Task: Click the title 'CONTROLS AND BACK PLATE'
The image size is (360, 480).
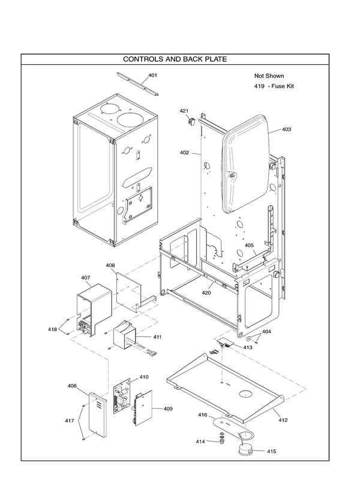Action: pyautogui.click(x=175, y=59)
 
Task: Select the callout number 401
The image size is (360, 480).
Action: pyautogui.click(x=152, y=75)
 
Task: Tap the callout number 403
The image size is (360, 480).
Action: pyautogui.click(x=286, y=129)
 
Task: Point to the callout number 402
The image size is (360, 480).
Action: pyautogui.click(x=184, y=153)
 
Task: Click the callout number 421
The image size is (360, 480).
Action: pyautogui.click(x=184, y=111)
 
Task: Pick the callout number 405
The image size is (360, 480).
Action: pyautogui.click(x=249, y=245)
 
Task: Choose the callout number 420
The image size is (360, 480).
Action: pyautogui.click(x=206, y=293)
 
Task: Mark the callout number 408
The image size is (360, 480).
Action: pyautogui.click(x=110, y=265)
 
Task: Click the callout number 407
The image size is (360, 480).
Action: pyautogui.click(x=86, y=278)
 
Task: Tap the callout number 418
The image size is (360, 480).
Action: pyautogui.click(x=52, y=329)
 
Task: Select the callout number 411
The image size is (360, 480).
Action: pyautogui.click(x=157, y=337)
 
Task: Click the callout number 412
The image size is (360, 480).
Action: pyautogui.click(x=283, y=420)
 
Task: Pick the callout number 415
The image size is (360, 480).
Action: pyautogui.click(x=271, y=451)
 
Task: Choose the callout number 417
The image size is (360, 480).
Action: pyautogui.click(x=70, y=421)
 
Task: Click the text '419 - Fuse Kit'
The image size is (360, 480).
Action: pyautogui.click(x=274, y=86)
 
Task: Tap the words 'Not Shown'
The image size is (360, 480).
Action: pyautogui.click(x=269, y=76)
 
